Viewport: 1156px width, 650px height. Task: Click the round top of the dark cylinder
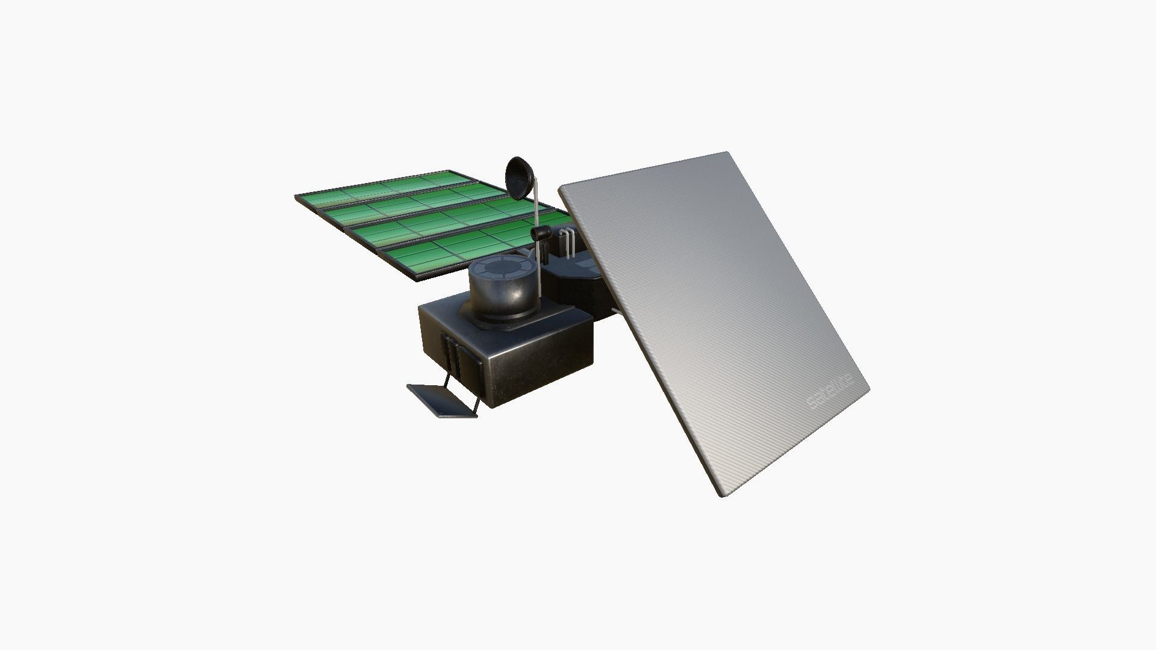click(x=502, y=268)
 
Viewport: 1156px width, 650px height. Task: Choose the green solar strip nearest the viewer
click(x=458, y=253)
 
